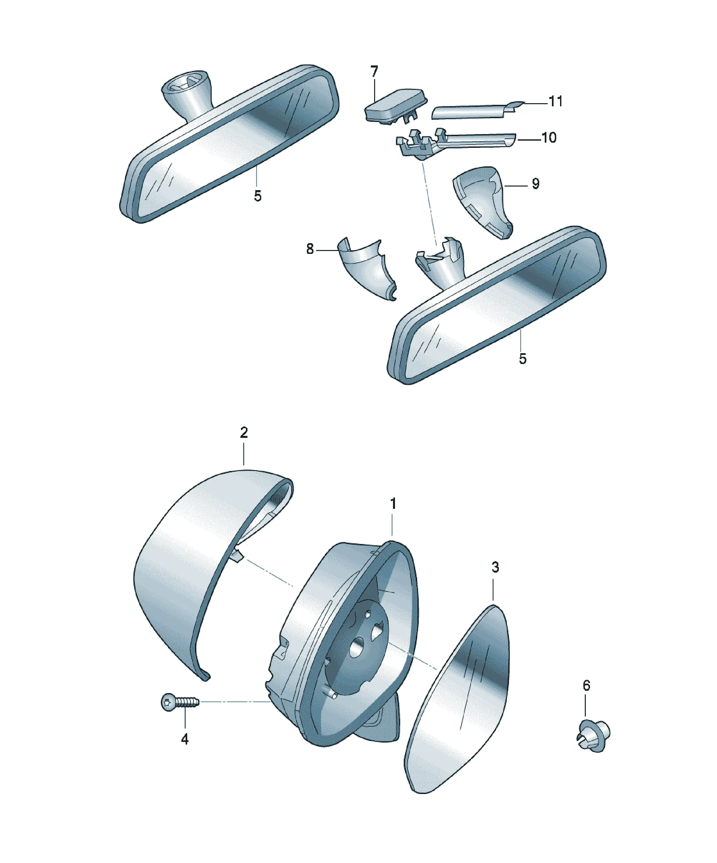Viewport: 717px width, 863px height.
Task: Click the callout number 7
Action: [374, 72]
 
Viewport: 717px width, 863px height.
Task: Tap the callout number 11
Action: [555, 101]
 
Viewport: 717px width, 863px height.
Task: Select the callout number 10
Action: [549, 137]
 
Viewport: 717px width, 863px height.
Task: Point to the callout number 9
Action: [535, 183]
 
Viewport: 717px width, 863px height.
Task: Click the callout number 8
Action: [310, 249]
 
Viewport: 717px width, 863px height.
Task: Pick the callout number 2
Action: [244, 432]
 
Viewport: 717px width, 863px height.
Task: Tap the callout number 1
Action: [393, 503]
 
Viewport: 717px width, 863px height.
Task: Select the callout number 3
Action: [495, 567]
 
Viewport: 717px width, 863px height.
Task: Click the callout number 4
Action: [185, 739]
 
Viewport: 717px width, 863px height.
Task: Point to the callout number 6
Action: [586, 686]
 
